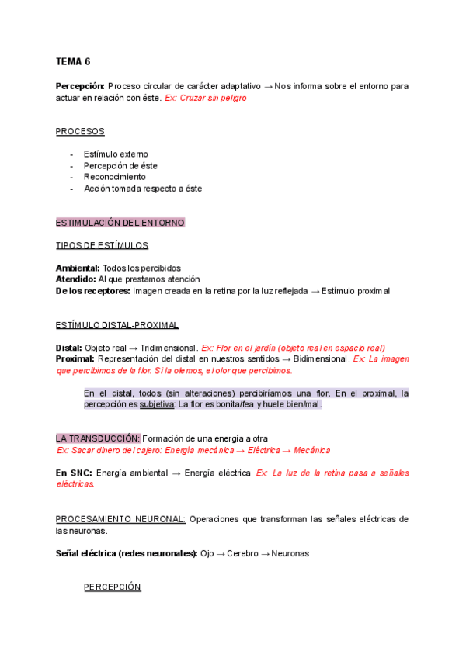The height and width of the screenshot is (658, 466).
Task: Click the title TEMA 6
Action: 73,61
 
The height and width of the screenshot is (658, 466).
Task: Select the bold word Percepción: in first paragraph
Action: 80,86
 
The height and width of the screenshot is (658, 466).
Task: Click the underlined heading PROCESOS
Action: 79,131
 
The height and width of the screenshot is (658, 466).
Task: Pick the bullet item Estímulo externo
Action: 116,154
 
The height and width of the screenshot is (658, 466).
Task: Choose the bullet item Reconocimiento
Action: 114,177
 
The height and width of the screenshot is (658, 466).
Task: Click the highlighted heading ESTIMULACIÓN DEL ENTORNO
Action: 120,223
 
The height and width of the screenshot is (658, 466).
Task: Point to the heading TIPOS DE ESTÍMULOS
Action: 101,245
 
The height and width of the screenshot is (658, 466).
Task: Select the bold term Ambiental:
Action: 77,268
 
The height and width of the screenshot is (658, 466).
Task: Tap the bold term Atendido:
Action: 75,279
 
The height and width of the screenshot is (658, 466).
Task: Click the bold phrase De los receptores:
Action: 92,291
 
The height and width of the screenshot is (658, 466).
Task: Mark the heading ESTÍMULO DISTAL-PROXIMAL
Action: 116,324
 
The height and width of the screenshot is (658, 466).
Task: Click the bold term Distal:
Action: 69,348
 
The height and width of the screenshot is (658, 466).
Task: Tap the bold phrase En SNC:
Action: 73,473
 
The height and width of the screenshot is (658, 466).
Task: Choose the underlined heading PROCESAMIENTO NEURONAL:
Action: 120,518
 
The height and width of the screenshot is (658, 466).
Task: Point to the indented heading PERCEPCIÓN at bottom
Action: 112,587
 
